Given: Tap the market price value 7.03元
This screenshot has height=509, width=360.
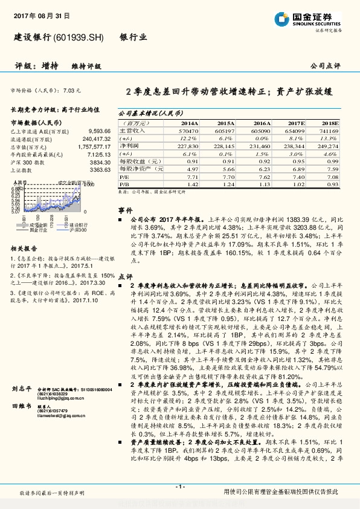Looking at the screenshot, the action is point(71,90).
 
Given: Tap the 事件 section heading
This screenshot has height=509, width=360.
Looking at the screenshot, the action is point(124,210).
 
